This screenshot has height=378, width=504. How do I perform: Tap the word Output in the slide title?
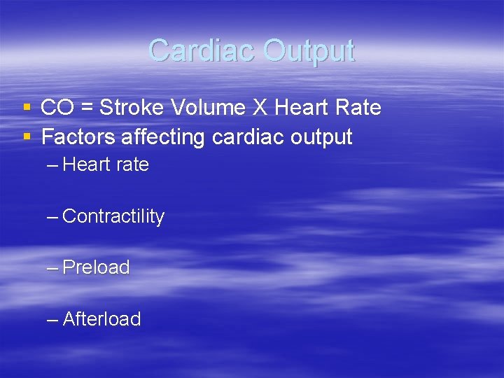click(x=309, y=50)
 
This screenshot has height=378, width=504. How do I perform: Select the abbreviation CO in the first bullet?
click(x=56, y=108)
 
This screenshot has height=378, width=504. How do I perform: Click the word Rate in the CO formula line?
click(x=358, y=108)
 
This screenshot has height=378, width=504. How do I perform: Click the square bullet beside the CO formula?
click(x=27, y=108)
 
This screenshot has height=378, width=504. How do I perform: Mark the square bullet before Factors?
click(x=27, y=138)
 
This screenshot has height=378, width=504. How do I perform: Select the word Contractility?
click(x=113, y=217)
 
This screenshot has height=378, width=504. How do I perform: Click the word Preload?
click(x=97, y=267)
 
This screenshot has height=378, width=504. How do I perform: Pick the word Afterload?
click(x=102, y=319)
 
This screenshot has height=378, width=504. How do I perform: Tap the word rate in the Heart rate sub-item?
click(x=132, y=165)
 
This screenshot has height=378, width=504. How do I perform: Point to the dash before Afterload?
click(x=52, y=320)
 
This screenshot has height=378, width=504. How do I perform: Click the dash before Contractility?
click(x=52, y=217)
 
